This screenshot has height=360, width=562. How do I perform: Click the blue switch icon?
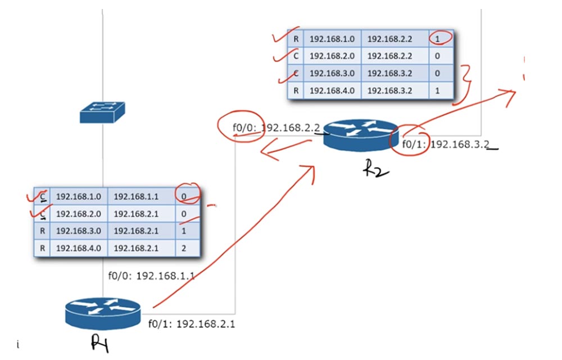point(102,112)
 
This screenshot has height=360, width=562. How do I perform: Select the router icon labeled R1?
point(102,312)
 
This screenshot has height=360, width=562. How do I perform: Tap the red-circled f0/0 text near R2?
point(245,128)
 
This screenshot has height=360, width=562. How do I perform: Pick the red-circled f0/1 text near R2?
point(414,144)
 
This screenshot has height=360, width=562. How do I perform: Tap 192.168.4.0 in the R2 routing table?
point(332,90)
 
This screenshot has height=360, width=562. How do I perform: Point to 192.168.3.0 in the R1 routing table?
point(79,231)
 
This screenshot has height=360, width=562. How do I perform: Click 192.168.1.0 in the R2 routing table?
point(332,39)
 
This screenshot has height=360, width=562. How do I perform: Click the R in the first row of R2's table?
point(296,39)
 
